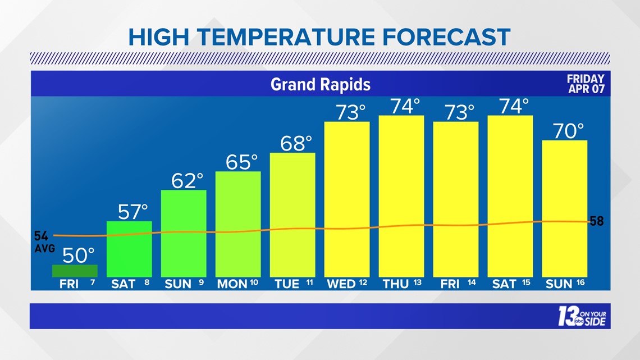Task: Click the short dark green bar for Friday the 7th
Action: coord(75,271)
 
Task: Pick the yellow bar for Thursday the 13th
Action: coord(401,196)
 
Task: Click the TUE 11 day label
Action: coord(293,284)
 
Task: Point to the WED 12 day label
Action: coord(347,284)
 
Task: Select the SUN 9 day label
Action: coord(184,284)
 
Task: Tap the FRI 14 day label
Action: coord(456,284)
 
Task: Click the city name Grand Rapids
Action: coord(321,84)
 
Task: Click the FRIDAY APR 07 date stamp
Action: coord(586,84)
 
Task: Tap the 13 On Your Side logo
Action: coord(582,317)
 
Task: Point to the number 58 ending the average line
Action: coord(596,221)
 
